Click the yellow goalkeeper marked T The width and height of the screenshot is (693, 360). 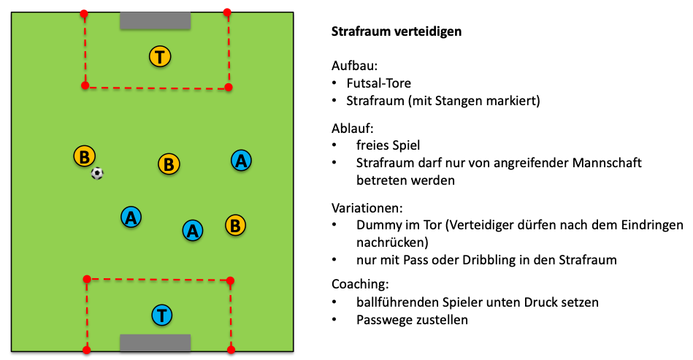[x=160, y=55]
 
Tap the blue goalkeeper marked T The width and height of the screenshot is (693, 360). [x=162, y=315]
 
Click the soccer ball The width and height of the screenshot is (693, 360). [x=97, y=173]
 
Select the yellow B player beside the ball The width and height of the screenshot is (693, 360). [x=85, y=156]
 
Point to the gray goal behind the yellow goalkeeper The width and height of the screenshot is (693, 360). [x=156, y=20]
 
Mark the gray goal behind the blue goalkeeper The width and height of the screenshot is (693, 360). [x=156, y=342]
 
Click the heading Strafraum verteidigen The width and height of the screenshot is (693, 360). [x=396, y=32]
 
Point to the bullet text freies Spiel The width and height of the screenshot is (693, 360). [x=388, y=145]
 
